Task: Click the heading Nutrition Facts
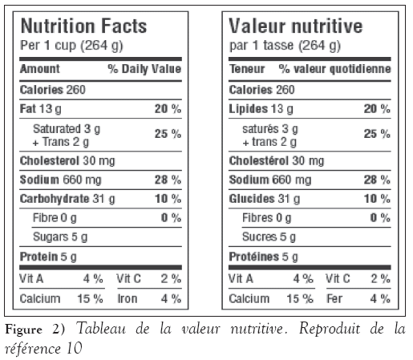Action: tap(83, 26)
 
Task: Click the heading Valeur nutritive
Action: tap(296, 26)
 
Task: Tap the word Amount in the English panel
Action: tap(40, 69)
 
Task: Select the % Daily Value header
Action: tap(144, 69)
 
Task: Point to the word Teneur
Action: tap(247, 69)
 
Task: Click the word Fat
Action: tap(28, 109)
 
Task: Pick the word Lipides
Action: tap(249, 109)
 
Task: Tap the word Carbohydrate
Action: tap(55, 199)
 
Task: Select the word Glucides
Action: tap(252, 199)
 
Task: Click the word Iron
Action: tap(128, 298)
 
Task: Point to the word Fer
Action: tap(334, 298)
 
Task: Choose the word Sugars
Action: tap(51, 237)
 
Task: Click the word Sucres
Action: tap(259, 237)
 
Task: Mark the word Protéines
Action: tap(254, 257)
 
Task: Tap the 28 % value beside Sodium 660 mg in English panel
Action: tap(168, 180)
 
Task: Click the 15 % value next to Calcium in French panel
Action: tap(300, 298)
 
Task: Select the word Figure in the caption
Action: tap(23, 330)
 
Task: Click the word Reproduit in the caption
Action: tap(330, 329)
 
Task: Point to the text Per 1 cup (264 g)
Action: tap(71, 46)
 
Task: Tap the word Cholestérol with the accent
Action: tap(259, 160)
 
